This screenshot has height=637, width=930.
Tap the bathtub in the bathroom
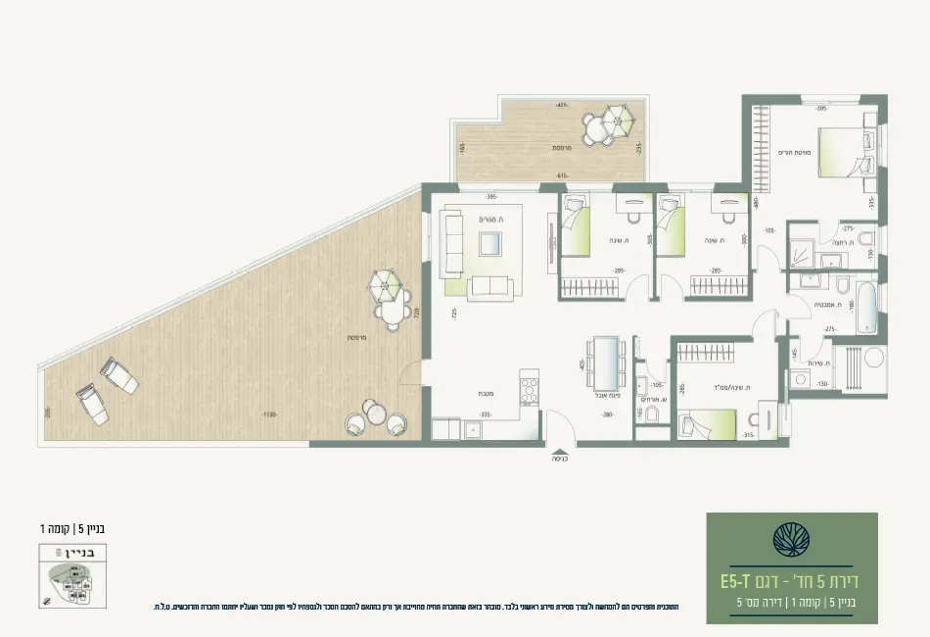coord(867,308)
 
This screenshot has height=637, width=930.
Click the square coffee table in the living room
coord(490,245)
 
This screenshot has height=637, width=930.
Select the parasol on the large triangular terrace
coord(385,287)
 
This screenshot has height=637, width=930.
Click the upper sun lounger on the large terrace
coord(120,374)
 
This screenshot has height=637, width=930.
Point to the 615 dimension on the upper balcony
coord(562,175)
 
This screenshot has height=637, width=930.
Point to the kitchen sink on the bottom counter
coord(446,427)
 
